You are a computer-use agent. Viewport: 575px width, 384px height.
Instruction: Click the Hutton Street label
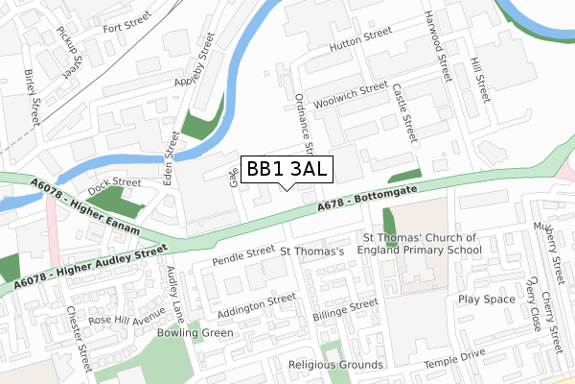pos(360,38)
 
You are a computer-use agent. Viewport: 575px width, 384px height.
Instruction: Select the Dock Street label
pos(114,181)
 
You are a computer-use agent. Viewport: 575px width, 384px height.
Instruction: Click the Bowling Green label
pos(195,334)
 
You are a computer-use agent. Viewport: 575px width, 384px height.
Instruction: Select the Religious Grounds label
pos(334,365)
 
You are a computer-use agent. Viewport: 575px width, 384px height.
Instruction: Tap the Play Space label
pos(487,300)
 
